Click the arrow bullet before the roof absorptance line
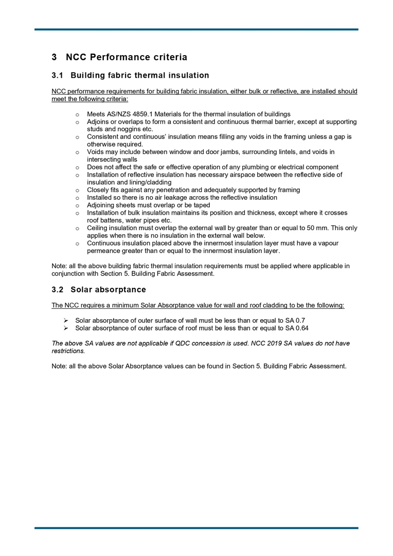[66, 328]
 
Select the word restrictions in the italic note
[68, 351]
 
